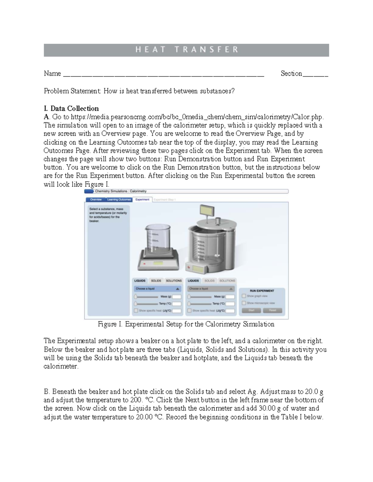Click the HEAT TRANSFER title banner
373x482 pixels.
[186, 50]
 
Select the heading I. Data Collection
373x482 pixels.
[71, 109]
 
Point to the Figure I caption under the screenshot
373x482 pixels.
[186, 324]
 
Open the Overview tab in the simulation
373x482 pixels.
[96, 200]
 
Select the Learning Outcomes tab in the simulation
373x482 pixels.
[119, 200]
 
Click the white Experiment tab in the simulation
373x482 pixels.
[142, 200]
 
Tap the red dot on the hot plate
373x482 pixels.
[144, 264]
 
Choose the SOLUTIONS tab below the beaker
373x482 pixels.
[173, 281]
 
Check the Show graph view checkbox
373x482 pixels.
[244, 296]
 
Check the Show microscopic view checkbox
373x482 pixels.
[244, 303]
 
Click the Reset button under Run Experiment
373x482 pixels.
[272, 310]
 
